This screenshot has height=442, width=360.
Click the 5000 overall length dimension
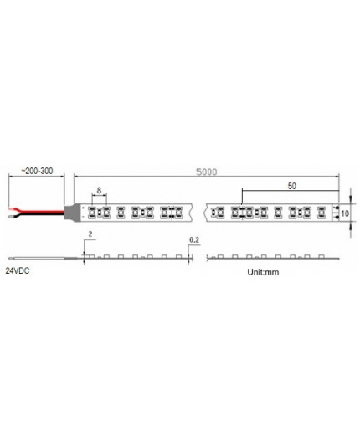206,172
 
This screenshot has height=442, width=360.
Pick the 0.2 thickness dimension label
194,240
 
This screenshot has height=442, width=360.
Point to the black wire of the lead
38,214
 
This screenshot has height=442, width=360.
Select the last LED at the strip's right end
332,212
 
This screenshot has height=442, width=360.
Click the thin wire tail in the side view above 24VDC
42,258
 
